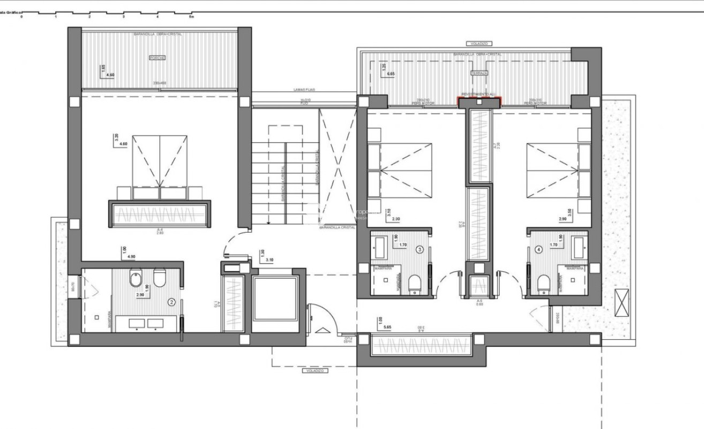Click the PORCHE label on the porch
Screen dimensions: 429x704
158,58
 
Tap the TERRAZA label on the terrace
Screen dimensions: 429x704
479,72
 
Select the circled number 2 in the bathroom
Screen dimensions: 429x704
171,302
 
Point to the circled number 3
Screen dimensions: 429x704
420,249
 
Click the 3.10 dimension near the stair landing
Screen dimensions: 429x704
269,259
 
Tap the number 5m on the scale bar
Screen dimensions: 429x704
191,17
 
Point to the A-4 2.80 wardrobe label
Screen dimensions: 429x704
160,231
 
